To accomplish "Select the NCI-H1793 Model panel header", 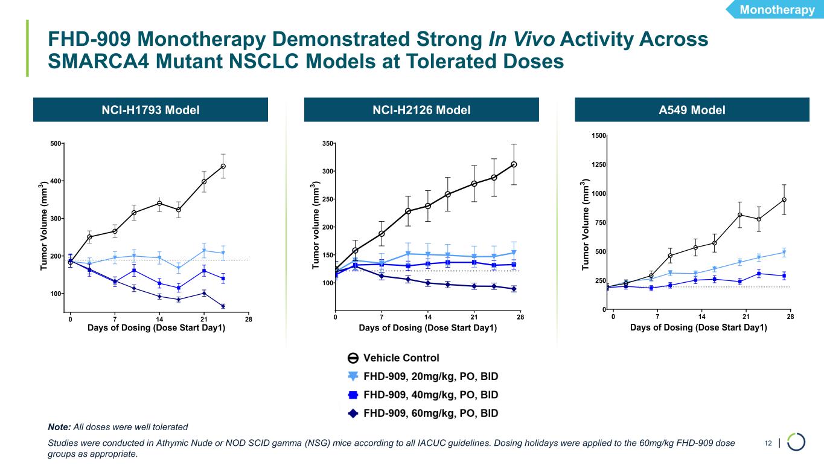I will (152, 110).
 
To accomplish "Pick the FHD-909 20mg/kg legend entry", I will (430, 376).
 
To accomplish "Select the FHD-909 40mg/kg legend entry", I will (430, 395).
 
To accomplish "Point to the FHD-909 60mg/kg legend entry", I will (430, 414).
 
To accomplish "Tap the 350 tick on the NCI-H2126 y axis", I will (327, 144).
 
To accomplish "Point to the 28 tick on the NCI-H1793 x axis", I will (249, 319).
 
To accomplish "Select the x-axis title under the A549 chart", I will (698, 328).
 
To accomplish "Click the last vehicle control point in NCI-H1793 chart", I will (223, 166).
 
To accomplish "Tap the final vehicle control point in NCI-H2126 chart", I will (514, 164).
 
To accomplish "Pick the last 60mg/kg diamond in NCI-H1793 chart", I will (223, 306).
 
